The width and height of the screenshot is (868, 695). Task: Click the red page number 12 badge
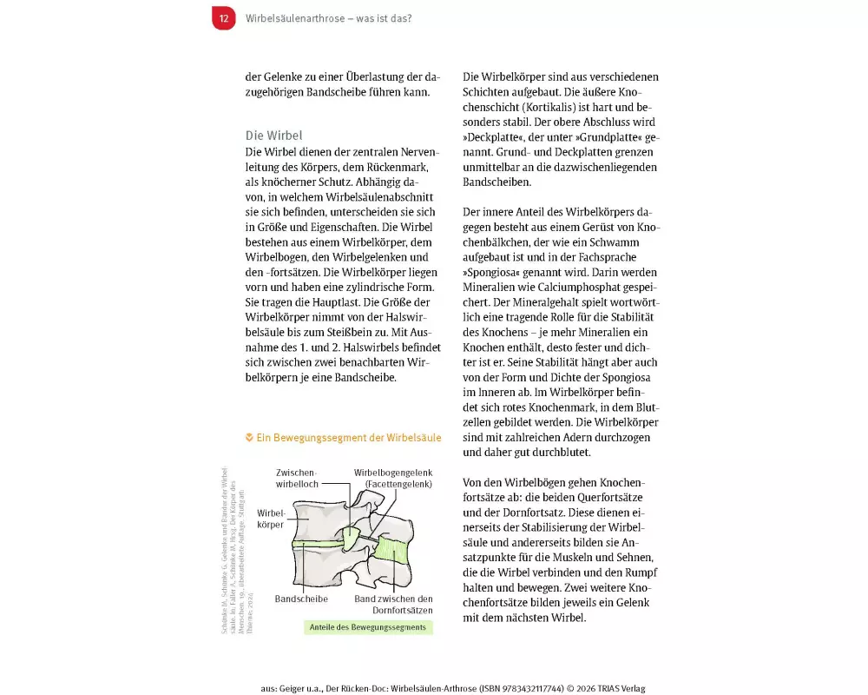[224, 17]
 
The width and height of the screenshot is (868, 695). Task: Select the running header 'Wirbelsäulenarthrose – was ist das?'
[328, 18]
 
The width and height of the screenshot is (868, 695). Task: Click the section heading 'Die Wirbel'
[273, 136]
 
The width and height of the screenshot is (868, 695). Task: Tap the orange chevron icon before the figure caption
[250, 438]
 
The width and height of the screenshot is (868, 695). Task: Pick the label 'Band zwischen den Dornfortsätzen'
[393, 605]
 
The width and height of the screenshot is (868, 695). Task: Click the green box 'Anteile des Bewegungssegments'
[369, 627]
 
